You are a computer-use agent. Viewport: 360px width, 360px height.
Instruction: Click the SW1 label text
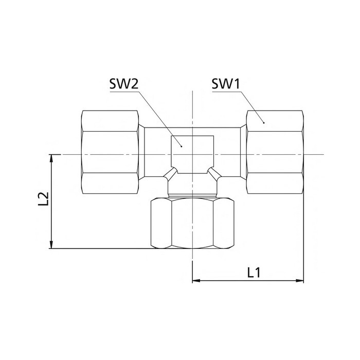click(226, 83)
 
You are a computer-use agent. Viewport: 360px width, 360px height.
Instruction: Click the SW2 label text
click(124, 83)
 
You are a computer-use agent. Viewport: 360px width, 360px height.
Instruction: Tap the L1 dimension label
click(254, 273)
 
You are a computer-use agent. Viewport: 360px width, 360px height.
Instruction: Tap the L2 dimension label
click(43, 199)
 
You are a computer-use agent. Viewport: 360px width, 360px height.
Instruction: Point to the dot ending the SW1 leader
click(264, 123)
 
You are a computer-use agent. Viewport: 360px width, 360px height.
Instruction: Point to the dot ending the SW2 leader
click(182, 146)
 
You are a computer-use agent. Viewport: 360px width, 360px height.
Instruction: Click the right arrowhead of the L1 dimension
click(300, 280)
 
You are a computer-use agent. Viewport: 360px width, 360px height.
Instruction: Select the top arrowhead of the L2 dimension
click(51, 158)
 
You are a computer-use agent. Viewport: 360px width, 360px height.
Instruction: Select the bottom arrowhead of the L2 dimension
click(51, 244)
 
